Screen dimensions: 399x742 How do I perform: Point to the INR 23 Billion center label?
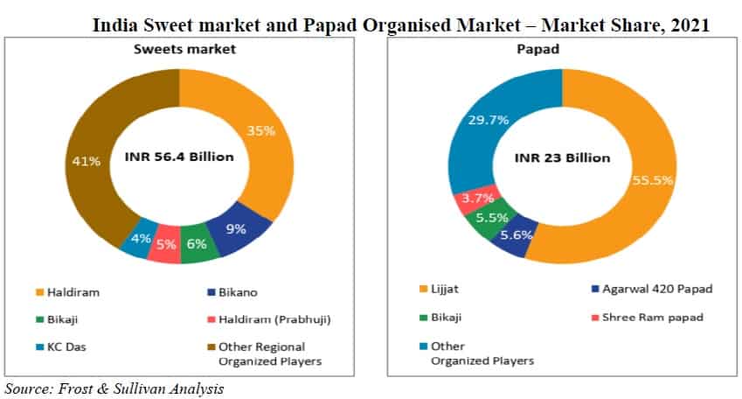click(x=561, y=157)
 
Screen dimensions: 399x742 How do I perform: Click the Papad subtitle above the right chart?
click(x=563, y=50)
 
